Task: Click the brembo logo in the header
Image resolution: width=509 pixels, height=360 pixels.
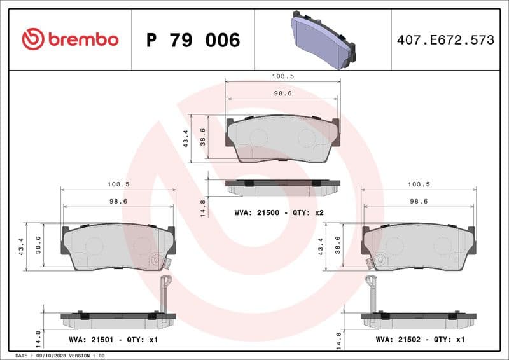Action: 70,39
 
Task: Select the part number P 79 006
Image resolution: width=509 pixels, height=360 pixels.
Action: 193,40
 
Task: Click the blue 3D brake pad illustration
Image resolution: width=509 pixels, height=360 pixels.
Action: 323,40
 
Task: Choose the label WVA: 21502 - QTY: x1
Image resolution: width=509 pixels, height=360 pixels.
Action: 420,340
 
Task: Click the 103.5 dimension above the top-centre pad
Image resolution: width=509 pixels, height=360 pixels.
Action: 283,76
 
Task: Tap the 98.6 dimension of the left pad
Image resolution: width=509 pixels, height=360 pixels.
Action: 118,200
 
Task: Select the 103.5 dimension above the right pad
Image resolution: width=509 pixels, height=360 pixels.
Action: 419,184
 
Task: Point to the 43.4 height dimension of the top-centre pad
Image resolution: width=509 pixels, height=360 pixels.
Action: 186,138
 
